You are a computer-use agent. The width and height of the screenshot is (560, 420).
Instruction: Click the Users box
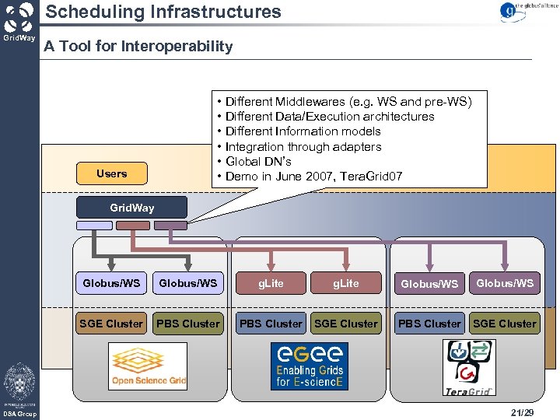point(111,173)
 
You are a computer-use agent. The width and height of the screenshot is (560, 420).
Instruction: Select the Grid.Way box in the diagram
point(131,208)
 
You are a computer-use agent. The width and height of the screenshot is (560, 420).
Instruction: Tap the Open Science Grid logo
point(148,366)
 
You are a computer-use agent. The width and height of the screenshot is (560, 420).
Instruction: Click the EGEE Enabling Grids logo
point(309,366)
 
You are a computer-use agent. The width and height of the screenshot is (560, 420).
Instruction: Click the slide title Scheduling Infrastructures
point(163,12)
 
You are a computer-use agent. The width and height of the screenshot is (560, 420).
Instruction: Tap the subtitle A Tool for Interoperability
point(138,47)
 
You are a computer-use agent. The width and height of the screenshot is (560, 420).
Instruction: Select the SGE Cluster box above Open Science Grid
point(111,324)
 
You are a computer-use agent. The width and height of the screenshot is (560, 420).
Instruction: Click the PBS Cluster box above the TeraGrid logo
point(429,324)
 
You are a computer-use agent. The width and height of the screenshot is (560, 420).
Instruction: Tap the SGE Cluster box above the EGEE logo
point(346,324)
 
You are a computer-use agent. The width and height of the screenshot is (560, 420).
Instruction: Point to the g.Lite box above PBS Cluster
point(271,283)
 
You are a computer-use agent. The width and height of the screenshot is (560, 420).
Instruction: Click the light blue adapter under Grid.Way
point(94,226)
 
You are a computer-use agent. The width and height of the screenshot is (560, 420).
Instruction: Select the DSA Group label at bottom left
point(19,414)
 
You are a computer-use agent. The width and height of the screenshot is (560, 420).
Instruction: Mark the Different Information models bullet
point(303,131)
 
